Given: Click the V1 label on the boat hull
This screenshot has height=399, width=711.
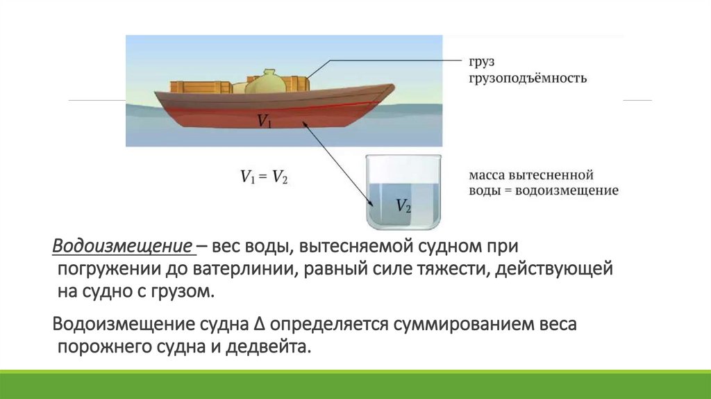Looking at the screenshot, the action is click(x=265, y=121).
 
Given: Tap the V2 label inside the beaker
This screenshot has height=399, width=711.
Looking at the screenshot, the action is click(x=403, y=205).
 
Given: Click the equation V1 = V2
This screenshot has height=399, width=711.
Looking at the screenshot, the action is click(x=265, y=177).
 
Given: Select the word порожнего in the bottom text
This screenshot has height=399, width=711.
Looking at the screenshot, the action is click(x=101, y=346).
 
